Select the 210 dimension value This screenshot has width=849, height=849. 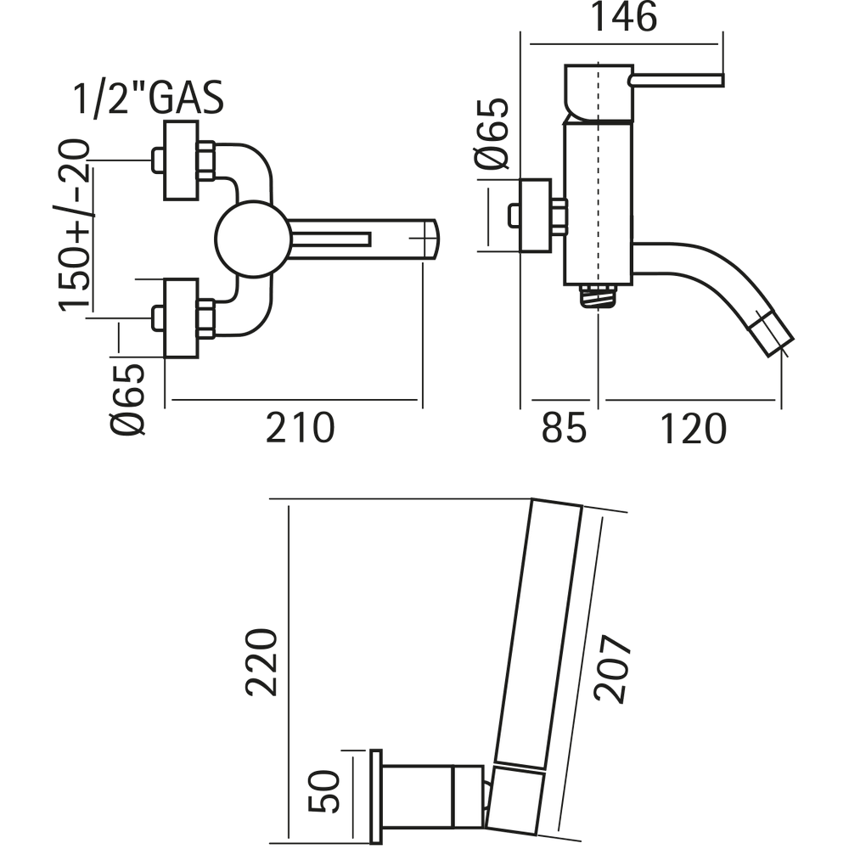pyautogui.click(x=300, y=428)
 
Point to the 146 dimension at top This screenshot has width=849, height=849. pyautogui.click(x=624, y=18)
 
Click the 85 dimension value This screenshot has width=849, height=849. pyautogui.click(x=564, y=430)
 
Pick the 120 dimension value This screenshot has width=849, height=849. pyautogui.click(x=693, y=430)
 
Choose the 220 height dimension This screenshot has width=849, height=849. pyautogui.click(x=261, y=662)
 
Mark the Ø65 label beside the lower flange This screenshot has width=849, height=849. pyautogui.click(x=127, y=398)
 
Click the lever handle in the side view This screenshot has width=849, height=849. pyautogui.click(x=675, y=80)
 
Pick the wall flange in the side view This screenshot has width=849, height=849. pyautogui.click(x=535, y=216)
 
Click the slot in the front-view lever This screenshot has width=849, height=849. pyautogui.click(x=332, y=239)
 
